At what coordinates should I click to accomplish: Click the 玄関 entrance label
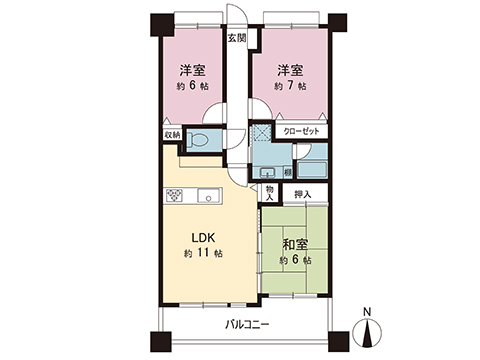click(236, 39)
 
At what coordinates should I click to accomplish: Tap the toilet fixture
click(196, 139)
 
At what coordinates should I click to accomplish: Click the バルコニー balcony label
click(243, 324)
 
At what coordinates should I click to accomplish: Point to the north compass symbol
click(368, 328)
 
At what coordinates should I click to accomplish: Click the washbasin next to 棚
click(267, 171)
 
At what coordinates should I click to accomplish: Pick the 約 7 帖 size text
click(292, 88)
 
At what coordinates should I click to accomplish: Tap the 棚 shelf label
click(287, 172)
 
